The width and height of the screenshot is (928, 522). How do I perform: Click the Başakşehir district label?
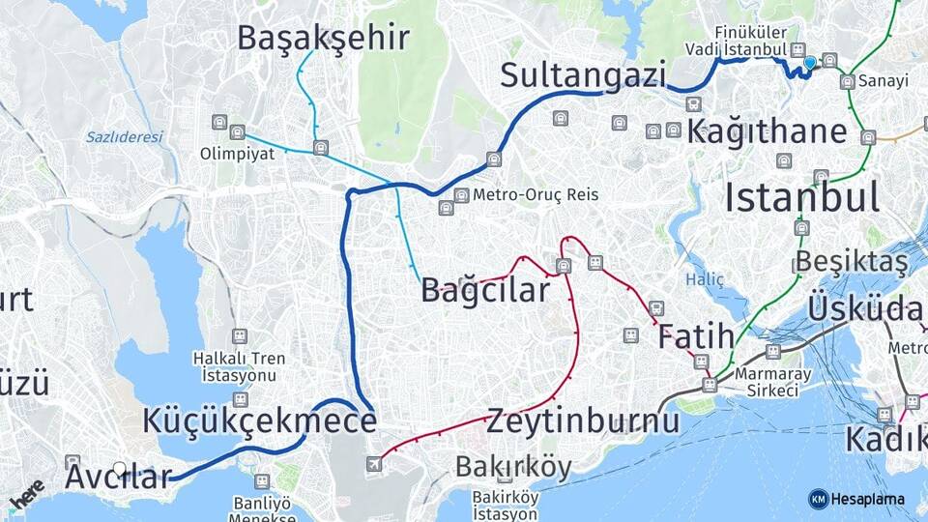click(x=323, y=38)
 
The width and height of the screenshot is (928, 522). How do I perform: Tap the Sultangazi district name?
click(x=584, y=74)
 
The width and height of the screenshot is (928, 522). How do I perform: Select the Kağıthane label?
click(x=767, y=131)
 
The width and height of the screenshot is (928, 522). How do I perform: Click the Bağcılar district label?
click(x=484, y=289)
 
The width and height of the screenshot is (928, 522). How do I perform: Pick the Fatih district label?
click(x=696, y=337)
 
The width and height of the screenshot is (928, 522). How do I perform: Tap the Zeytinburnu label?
click(x=583, y=421)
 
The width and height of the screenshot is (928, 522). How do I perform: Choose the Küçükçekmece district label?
click(x=259, y=420)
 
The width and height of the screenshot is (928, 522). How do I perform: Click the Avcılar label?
click(x=118, y=477)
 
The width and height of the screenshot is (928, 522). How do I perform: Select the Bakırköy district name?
click(x=513, y=468)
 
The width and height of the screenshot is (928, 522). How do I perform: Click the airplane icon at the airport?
click(x=374, y=464)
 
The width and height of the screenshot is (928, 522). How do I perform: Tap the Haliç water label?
click(x=704, y=278)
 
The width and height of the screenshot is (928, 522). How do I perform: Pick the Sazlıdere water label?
click(x=124, y=137)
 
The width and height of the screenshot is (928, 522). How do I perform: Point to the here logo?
click(x=26, y=495)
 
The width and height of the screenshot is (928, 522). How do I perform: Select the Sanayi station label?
click(x=887, y=81)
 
